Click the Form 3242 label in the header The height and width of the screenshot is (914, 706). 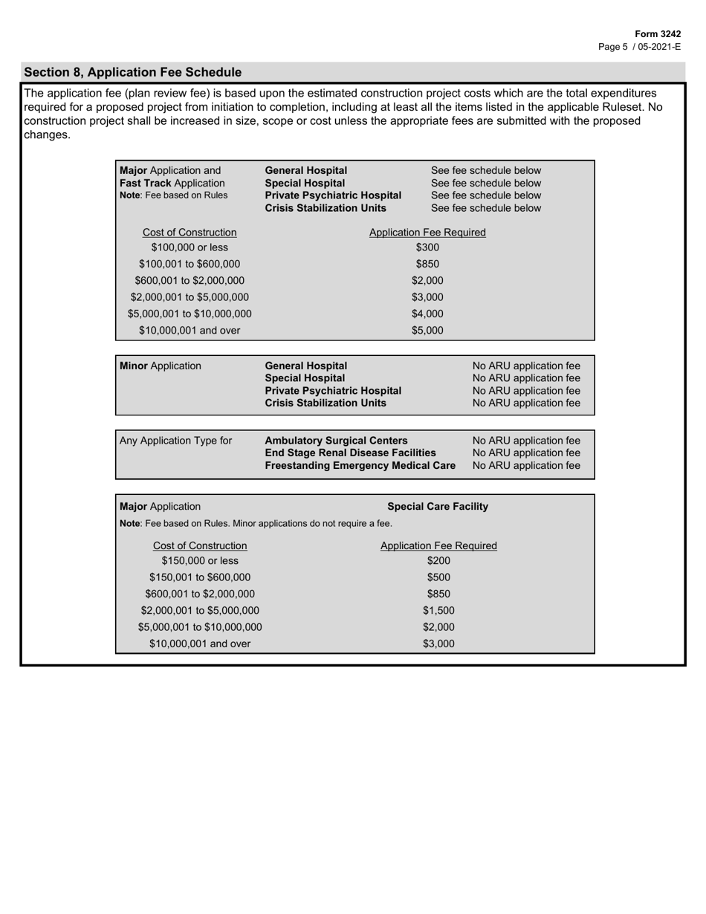click(x=658, y=34)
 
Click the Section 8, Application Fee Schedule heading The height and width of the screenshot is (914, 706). click(x=132, y=72)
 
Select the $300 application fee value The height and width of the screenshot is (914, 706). click(x=427, y=247)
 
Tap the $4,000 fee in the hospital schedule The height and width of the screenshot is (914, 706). click(x=427, y=314)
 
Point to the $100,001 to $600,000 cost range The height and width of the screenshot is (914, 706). click(x=190, y=264)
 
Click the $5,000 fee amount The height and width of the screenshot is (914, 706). click(x=427, y=330)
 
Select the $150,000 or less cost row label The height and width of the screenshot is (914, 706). click(x=200, y=561)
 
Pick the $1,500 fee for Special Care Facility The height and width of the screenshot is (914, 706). click(x=438, y=611)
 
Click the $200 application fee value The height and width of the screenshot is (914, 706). click(x=438, y=561)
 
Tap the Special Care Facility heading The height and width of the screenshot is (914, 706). click(x=438, y=507)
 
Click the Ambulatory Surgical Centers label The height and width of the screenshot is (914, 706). click(x=336, y=441)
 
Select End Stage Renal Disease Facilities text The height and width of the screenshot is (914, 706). click(x=350, y=453)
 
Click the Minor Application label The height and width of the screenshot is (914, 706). click(x=160, y=366)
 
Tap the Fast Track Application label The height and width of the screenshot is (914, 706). click(x=172, y=183)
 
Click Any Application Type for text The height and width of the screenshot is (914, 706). click(x=175, y=441)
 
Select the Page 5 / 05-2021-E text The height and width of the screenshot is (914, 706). click(x=639, y=46)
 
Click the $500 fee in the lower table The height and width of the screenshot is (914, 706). click(x=438, y=577)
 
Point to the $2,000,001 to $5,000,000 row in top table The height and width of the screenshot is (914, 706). click(x=190, y=297)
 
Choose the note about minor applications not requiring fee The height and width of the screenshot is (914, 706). click(x=256, y=524)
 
